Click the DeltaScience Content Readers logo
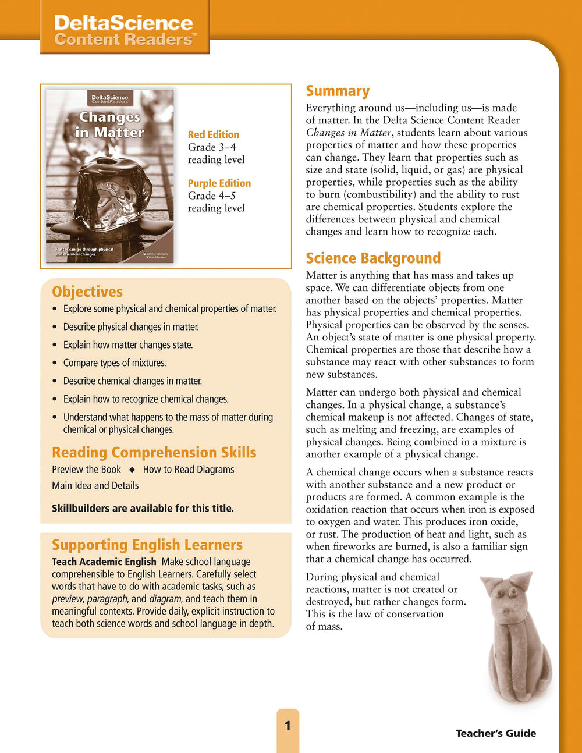[124, 31]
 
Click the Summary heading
[338, 91]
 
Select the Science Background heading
[373, 258]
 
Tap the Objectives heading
[87, 292]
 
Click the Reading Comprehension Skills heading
[154, 453]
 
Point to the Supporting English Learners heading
[147, 545]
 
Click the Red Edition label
[213, 135]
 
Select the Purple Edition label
[219, 183]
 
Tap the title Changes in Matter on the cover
[109, 125]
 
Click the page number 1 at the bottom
[288, 726]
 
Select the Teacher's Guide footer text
[496, 733]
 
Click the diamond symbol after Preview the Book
[132, 470]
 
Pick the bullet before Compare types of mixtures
[55, 363]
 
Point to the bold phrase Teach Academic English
[104, 562]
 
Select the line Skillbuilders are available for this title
[143, 509]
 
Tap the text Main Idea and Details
[95, 486]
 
